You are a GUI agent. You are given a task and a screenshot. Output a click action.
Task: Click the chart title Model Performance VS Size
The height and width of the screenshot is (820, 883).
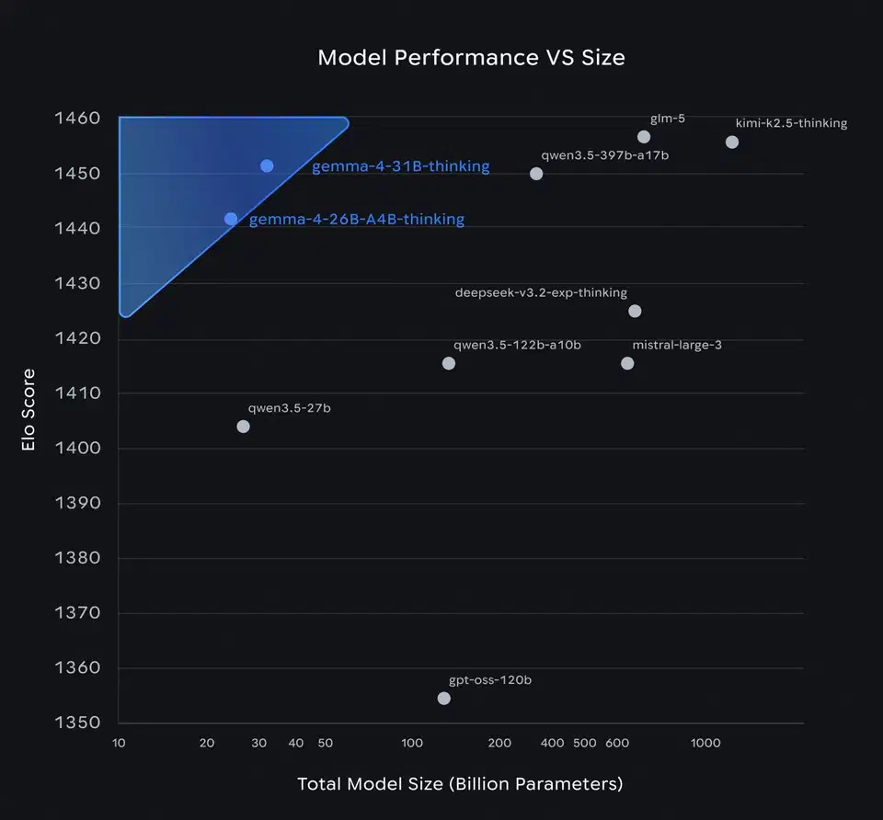click(x=471, y=57)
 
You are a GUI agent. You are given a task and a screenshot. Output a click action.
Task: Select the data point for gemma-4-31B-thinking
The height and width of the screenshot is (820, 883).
click(x=267, y=166)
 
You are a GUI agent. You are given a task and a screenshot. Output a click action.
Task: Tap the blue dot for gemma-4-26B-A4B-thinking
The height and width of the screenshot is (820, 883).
click(x=231, y=219)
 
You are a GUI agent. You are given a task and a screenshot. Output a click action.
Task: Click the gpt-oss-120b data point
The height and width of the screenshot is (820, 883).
click(x=444, y=699)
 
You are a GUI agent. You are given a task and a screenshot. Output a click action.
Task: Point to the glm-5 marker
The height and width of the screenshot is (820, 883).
click(x=644, y=137)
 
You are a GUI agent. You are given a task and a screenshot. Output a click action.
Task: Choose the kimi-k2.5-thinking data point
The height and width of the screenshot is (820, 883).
click(x=732, y=142)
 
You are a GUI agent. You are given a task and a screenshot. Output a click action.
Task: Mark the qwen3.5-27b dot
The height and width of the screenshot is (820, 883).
click(x=243, y=427)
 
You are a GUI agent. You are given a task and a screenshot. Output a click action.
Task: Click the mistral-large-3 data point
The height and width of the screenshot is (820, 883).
click(x=627, y=363)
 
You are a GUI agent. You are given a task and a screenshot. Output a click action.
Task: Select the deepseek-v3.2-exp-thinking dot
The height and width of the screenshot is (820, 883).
click(x=635, y=311)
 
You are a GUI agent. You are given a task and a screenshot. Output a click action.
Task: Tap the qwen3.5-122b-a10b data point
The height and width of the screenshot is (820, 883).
click(x=449, y=363)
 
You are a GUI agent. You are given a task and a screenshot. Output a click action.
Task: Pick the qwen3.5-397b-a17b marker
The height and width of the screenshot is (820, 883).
click(x=536, y=174)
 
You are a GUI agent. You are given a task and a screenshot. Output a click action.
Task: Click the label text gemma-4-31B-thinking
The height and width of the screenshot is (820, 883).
click(x=400, y=167)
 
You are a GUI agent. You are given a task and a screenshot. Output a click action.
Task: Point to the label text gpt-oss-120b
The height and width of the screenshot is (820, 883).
click(x=490, y=681)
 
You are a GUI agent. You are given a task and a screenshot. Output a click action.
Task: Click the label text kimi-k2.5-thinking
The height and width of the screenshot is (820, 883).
click(x=791, y=123)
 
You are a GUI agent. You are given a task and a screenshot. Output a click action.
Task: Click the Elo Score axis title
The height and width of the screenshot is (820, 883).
click(x=29, y=410)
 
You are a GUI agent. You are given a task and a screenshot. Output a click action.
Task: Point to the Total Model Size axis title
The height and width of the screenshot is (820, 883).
click(x=460, y=784)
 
